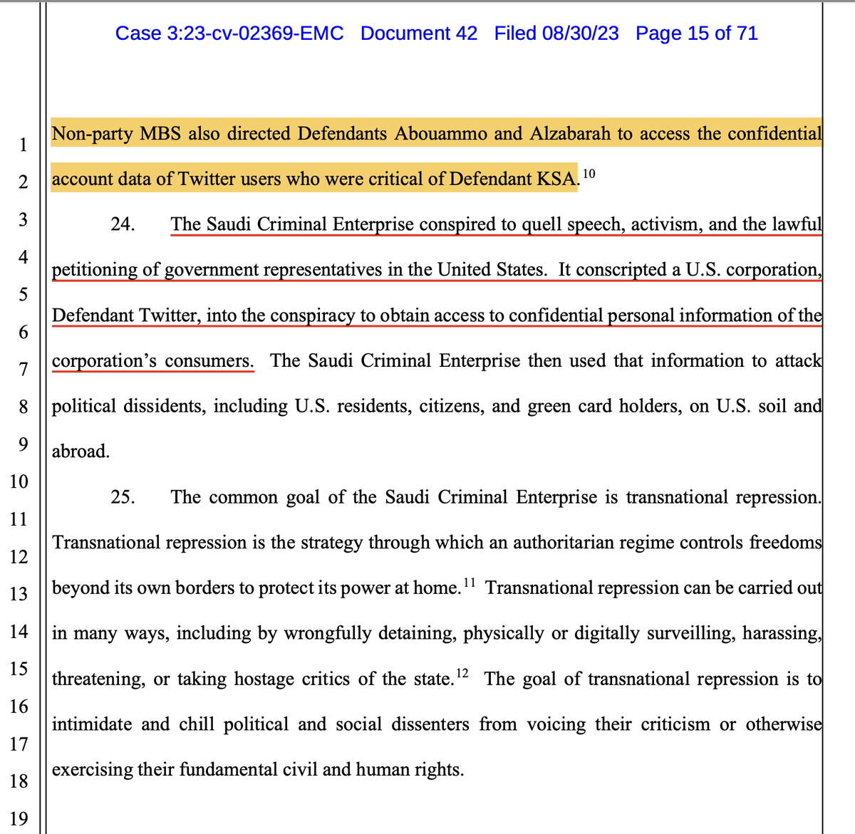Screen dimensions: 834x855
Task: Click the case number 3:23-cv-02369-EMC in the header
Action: (229, 33)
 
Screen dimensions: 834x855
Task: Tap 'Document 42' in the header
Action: (419, 33)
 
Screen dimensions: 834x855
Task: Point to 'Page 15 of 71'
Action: (696, 33)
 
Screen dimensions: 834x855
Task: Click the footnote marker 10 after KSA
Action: (589, 174)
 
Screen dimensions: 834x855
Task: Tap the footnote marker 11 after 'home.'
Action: (469, 583)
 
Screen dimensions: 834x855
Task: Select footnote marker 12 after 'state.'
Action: (462, 674)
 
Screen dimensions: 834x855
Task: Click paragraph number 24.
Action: (123, 224)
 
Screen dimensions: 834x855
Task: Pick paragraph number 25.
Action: (123, 497)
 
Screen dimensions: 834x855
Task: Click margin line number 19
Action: (19, 818)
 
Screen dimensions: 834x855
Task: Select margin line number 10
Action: (19, 481)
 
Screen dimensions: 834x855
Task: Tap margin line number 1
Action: (23, 145)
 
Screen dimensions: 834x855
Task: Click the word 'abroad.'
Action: (81, 452)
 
